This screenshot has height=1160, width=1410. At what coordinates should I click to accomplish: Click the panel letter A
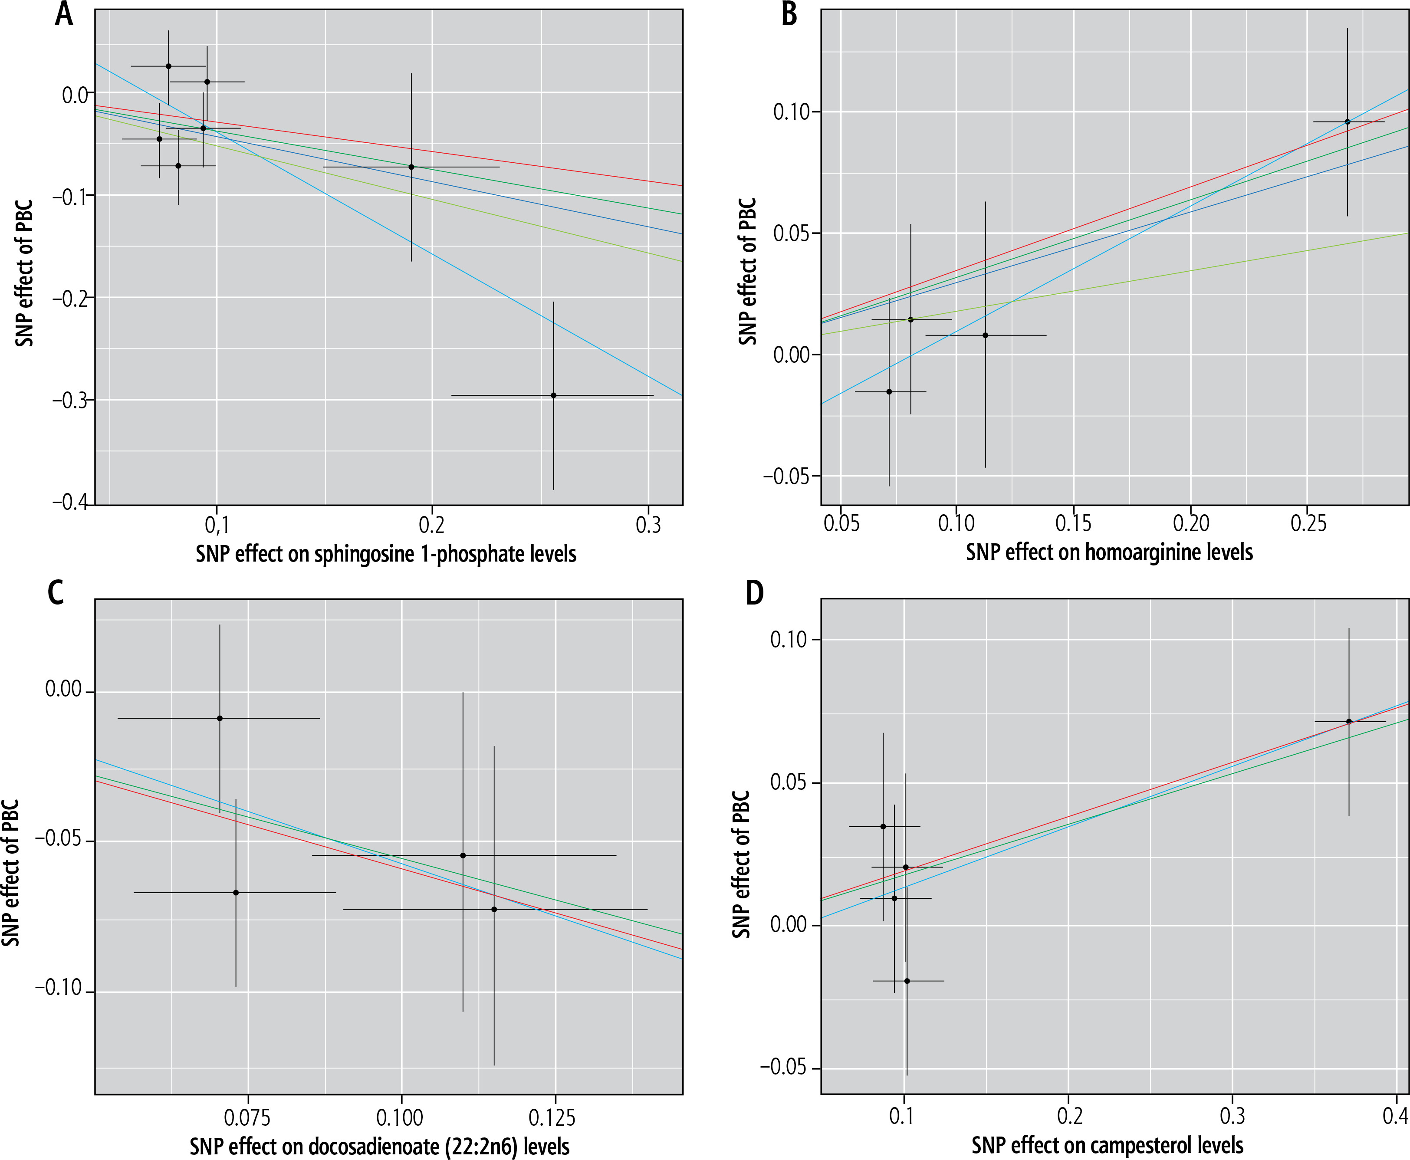63,15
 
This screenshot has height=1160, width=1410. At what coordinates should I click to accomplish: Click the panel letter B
789,15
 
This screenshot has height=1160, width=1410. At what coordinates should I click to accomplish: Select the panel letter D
754,593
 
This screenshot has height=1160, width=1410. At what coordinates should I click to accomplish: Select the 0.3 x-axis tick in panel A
647,525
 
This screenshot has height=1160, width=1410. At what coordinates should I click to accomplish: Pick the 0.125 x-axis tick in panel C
555,1117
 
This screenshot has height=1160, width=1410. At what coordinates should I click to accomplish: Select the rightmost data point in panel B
1347,122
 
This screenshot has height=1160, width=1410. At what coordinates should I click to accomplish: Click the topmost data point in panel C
220,718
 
